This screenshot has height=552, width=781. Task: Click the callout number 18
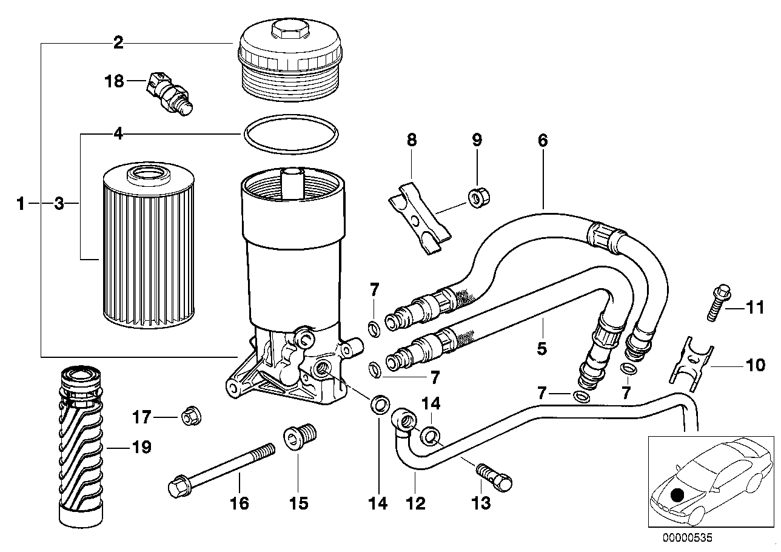tap(114, 81)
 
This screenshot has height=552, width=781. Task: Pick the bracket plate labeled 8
tap(420, 221)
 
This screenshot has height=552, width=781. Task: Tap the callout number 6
tap(542, 140)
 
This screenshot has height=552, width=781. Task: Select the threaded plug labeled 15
tap(298, 437)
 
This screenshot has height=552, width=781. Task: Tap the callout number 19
tap(141, 448)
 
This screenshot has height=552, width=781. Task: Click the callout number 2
tap(118, 42)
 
